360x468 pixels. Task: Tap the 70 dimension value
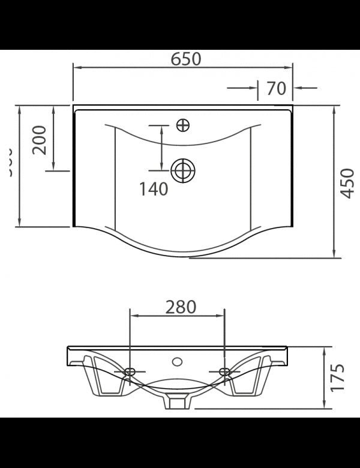[275, 88]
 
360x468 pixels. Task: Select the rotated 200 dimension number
[40, 140]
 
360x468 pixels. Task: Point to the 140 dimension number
[154, 189]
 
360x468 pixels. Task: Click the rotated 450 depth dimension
[347, 182]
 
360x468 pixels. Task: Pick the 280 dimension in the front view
[181, 307]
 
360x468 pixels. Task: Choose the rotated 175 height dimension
[338, 377]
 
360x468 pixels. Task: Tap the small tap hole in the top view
[183, 125]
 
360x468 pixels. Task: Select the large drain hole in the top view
[183, 171]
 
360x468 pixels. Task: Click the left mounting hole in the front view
[130, 372]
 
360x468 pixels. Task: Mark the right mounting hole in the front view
[224, 372]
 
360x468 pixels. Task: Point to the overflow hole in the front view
[177, 362]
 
